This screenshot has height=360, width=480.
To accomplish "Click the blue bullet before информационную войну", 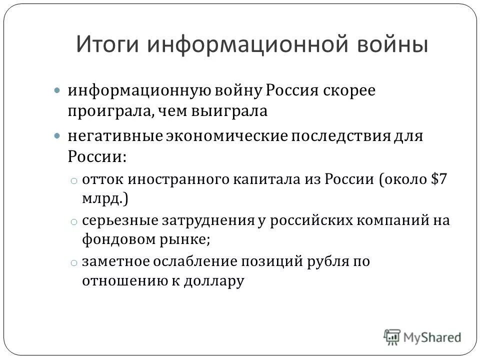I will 57,91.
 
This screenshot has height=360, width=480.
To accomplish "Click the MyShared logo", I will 422,337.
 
